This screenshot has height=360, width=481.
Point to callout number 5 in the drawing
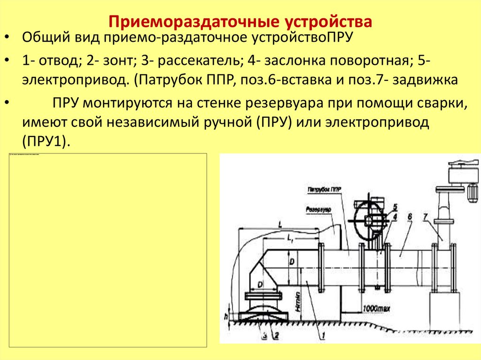coord(395,207)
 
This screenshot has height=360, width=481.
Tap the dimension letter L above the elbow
coord(280,225)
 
